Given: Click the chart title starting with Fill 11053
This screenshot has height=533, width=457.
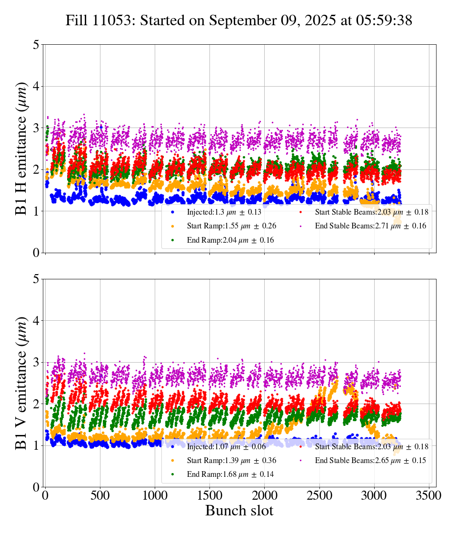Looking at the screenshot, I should (x=238, y=20).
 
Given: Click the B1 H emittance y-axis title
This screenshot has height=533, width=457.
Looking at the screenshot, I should (x=21, y=148).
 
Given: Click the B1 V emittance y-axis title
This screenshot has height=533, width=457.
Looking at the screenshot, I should (x=21, y=383).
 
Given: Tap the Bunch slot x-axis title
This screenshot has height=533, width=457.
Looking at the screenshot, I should (x=239, y=511).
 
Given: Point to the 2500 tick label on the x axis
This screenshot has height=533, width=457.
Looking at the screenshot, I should (x=319, y=495).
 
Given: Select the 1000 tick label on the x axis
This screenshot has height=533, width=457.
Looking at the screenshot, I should (x=155, y=495).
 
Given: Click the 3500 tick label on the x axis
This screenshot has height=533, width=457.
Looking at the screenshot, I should (x=429, y=495).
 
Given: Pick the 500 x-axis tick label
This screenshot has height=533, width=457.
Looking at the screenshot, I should (x=100, y=495).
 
